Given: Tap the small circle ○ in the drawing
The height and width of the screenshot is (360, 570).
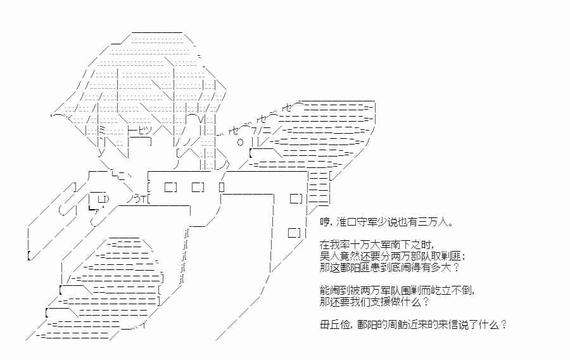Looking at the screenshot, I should [x=240, y=141].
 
